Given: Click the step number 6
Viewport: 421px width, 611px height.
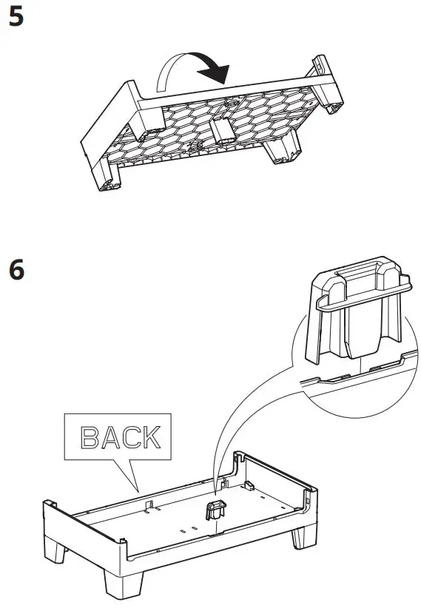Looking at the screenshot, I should click(16, 271).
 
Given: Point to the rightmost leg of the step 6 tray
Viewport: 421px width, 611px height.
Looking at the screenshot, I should click(303, 536).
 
